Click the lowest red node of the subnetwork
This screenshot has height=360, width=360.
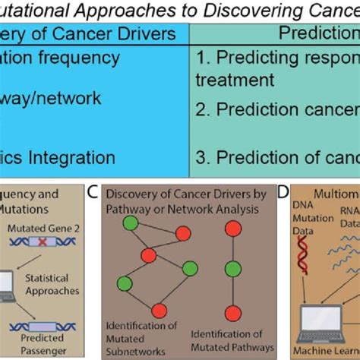[x=159, y=310]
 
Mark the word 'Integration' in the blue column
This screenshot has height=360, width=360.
[x=80, y=158]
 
